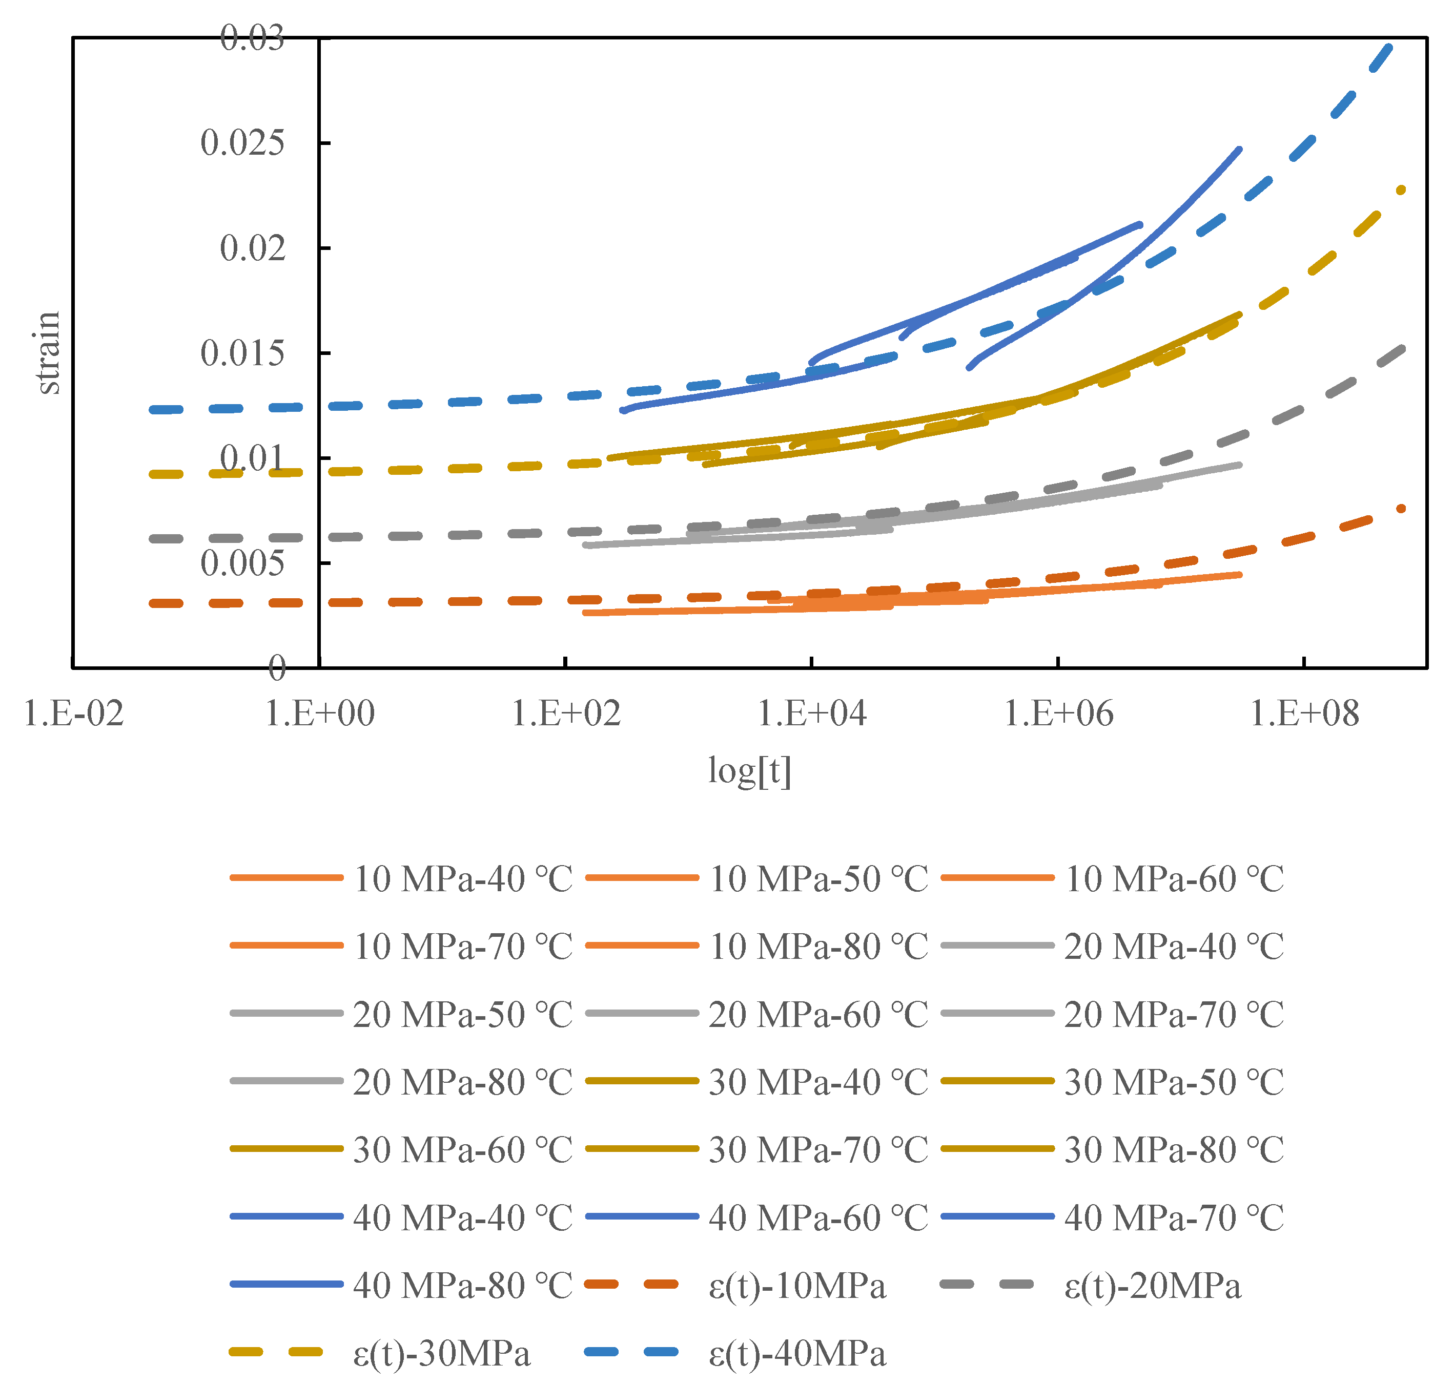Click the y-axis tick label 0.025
(242, 142)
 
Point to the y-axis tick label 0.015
(242, 353)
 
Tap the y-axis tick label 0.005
(242, 564)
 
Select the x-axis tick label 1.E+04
(812, 713)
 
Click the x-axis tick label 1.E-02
(73, 713)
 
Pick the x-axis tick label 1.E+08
(1304, 713)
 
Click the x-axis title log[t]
(749, 770)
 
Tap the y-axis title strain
(48, 352)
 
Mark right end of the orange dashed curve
(1400, 508)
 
